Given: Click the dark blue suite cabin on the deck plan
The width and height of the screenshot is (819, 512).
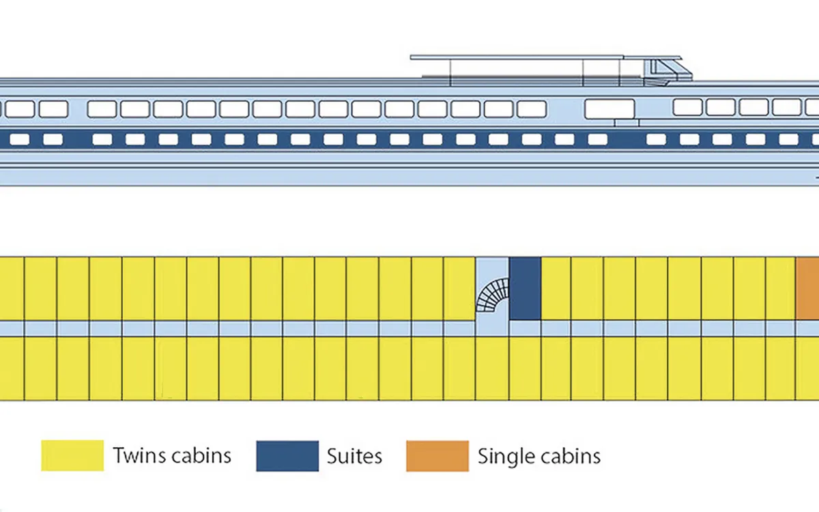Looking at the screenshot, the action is point(525,289).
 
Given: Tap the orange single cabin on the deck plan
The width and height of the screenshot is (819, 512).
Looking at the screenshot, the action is point(807,289).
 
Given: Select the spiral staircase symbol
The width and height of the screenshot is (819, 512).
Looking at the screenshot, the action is point(493,295).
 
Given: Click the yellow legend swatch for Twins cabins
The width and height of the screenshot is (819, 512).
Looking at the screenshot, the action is point(72,456).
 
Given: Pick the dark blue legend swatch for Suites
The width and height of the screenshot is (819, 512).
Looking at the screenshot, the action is point(287,456).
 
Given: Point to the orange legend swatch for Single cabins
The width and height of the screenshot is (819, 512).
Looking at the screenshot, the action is point(437,456).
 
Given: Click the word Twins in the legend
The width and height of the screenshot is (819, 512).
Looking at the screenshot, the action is point(139,456).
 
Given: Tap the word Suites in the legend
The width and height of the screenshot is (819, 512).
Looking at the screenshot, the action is point(354,456).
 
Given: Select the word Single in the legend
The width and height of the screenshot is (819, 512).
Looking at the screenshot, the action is point(506,457).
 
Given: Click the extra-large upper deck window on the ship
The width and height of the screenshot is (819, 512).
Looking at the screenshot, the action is point(609,109).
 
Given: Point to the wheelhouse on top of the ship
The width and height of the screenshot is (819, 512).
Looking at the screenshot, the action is point(667,72).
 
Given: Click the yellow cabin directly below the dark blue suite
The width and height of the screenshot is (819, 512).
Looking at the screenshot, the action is point(525,368).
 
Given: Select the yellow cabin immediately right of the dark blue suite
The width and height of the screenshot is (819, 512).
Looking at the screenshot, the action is point(556,289).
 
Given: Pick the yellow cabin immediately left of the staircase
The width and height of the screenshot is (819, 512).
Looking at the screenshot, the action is point(459,289).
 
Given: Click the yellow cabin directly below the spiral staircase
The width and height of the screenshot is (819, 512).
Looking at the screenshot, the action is point(492,368).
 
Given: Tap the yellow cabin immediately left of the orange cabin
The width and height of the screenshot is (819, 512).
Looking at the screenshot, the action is point(780,289).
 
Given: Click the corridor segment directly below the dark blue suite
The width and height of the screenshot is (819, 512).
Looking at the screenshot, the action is point(525,328).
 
